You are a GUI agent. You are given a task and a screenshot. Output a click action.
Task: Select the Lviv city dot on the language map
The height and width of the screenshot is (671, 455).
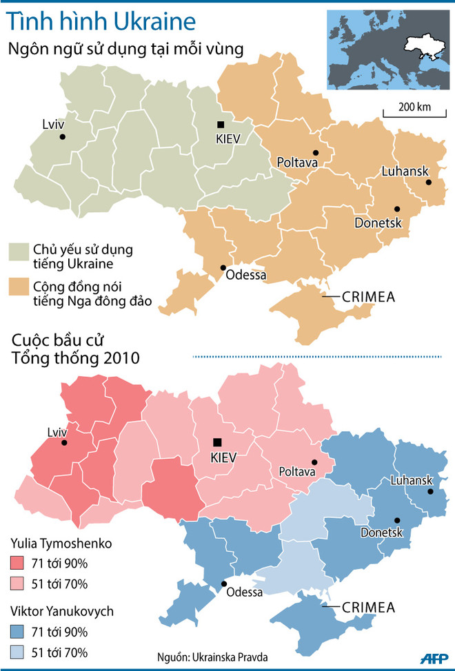pyautogui.click(x=63, y=137)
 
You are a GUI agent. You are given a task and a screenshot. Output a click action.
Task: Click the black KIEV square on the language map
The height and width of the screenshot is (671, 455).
pyautogui.click(x=220, y=125)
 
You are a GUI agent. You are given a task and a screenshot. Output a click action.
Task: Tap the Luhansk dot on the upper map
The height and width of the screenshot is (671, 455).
pyautogui.click(x=429, y=183)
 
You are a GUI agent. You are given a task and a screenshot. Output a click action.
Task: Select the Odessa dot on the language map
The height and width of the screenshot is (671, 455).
pyautogui.click(x=223, y=267)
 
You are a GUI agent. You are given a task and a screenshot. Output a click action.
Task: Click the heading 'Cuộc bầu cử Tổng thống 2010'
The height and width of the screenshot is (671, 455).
pyautogui.click(x=76, y=350)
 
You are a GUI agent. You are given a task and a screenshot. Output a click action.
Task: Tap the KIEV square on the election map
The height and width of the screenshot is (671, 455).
pyautogui.click(x=218, y=442)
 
